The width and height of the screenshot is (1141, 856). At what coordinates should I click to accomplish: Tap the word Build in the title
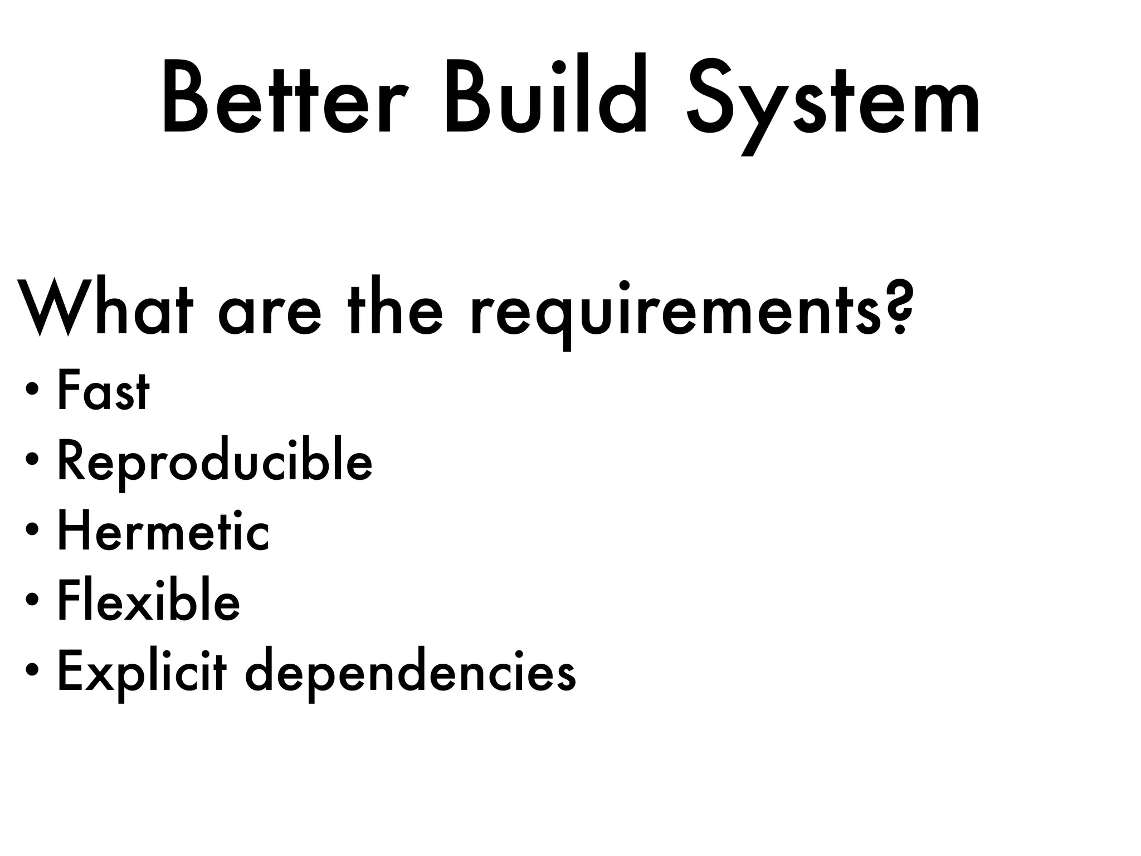546,95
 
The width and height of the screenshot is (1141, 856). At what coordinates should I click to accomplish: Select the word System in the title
833,100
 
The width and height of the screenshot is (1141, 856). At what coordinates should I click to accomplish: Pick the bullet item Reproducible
214,463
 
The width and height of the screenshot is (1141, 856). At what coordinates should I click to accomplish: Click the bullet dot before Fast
32,388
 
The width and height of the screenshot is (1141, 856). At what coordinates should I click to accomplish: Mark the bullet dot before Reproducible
32,459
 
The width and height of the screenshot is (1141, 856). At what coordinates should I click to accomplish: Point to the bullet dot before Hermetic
32,529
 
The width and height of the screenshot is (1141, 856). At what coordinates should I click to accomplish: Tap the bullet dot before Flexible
32,599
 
